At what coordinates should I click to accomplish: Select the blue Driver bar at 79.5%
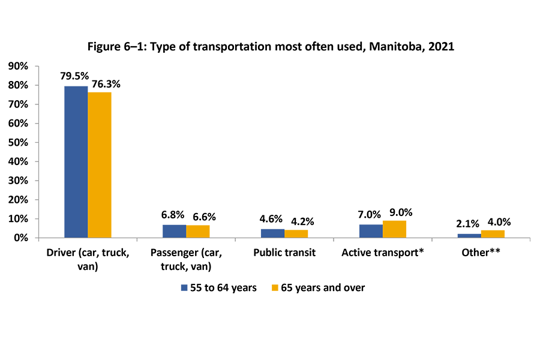tap(76, 162)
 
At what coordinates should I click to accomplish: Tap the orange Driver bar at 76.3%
tap(100, 165)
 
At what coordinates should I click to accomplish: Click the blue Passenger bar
tap(174, 231)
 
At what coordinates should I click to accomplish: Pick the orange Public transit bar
tap(296, 233)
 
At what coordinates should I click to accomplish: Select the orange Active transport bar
tap(394, 229)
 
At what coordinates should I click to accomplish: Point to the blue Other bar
tap(469, 235)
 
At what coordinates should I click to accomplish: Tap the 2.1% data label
tap(467, 224)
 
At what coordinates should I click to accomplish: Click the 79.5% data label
tap(74, 76)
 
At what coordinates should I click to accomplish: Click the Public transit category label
tap(284, 253)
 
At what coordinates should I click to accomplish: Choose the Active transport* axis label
tap(383, 253)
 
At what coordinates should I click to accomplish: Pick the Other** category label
tap(481, 253)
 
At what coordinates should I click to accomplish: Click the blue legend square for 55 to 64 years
tap(185, 288)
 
